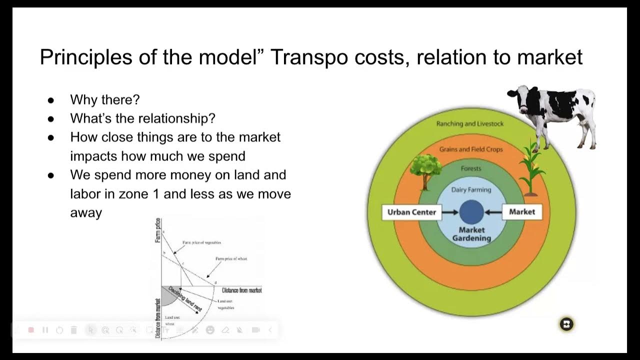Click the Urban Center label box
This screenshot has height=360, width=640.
[x=411, y=212]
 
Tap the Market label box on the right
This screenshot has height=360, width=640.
[x=522, y=212]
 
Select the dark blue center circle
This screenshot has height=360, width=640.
[x=471, y=211]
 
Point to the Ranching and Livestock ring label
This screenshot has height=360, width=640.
[x=470, y=124]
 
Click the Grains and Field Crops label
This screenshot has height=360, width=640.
[x=471, y=149]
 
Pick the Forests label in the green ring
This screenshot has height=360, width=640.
[x=471, y=168]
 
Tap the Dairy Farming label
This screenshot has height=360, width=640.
[x=471, y=190]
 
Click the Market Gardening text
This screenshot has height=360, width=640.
[x=471, y=234]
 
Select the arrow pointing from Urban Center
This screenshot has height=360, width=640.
[x=450, y=212]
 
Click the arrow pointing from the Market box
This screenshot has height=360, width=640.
[x=493, y=212]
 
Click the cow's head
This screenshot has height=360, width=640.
[x=520, y=98]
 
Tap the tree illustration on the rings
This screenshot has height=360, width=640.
[x=425, y=170]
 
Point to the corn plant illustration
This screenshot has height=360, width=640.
[x=531, y=167]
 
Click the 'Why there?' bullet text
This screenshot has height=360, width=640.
[x=105, y=99]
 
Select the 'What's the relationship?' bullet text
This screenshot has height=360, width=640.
[x=142, y=118]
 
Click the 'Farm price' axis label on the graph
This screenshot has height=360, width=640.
[x=158, y=230]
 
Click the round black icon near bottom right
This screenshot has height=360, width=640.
[x=566, y=324]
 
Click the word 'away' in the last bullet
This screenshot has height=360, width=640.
[x=86, y=213]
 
